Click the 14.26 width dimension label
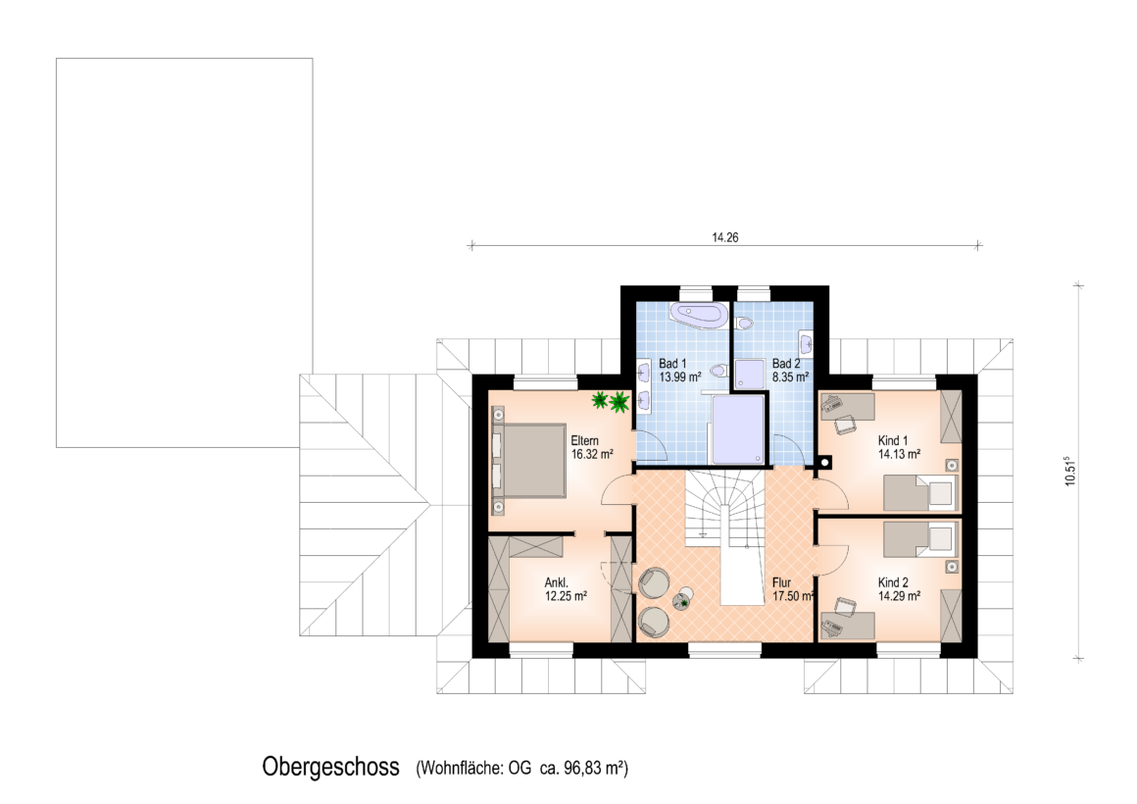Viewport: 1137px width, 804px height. [724, 237]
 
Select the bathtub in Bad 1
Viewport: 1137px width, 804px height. [698, 317]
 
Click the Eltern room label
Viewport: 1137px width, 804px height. [584, 440]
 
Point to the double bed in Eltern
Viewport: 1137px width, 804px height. [530, 461]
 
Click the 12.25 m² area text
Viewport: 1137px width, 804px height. [566, 596]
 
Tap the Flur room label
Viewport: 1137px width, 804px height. [781, 582]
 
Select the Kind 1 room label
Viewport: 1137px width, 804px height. [893, 440]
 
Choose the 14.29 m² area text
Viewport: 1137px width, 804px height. [899, 596]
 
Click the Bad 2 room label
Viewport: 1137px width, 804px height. [786, 364]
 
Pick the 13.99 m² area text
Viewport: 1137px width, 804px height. [679, 377]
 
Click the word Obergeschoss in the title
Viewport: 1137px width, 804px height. [330, 767]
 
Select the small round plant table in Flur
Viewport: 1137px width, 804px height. [683, 602]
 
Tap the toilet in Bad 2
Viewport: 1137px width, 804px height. [743, 324]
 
